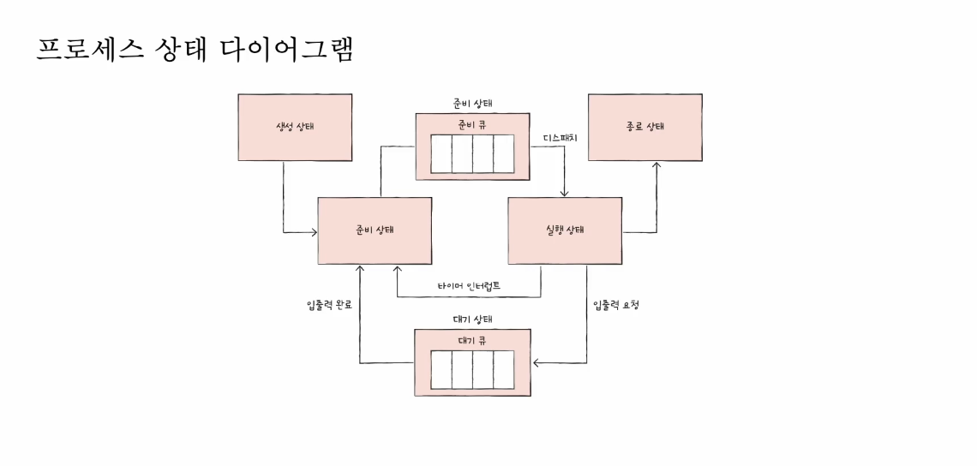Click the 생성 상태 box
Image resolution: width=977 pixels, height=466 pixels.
[x=294, y=128]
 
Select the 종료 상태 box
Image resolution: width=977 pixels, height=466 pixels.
[x=644, y=128]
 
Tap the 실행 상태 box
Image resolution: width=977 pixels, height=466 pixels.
[x=565, y=230]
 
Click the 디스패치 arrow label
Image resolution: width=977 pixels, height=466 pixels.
[x=560, y=137]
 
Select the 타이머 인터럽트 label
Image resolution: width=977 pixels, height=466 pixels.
[x=468, y=284]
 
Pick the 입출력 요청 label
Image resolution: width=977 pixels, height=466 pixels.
[x=615, y=305]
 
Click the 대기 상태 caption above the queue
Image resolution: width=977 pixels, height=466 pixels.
[x=472, y=320]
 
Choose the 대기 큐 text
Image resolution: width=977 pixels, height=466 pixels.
[x=472, y=339]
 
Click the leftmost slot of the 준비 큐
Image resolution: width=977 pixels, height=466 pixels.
[x=441, y=154]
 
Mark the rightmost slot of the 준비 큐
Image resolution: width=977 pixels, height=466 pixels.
[x=504, y=154]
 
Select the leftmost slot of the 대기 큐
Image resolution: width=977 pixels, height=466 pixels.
[x=441, y=370]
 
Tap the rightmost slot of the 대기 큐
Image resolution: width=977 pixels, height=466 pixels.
[x=504, y=370]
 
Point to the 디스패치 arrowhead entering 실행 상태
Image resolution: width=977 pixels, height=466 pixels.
[x=565, y=193]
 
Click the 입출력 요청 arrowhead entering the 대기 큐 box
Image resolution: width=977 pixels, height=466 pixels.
[x=536, y=363]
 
